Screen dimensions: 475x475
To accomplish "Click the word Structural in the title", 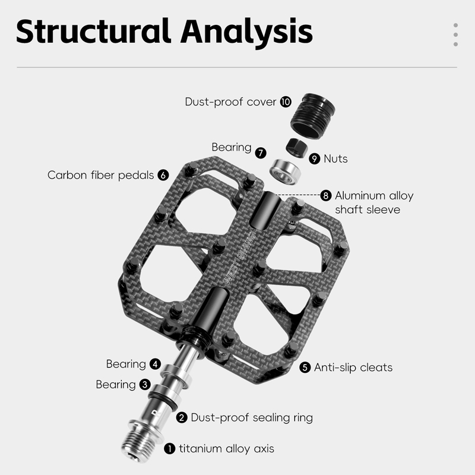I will click(x=89, y=31).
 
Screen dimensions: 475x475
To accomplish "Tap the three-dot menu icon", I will click(x=455, y=34).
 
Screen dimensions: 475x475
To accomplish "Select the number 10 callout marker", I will click(x=286, y=102).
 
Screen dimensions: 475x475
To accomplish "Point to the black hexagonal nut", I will click(x=296, y=146).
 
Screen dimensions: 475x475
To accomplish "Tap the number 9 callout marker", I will click(x=315, y=159).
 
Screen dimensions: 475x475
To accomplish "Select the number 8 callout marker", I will click(x=325, y=195).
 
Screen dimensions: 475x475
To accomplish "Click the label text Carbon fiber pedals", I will click(x=102, y=175).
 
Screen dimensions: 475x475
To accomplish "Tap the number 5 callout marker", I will click(x=305, y=368).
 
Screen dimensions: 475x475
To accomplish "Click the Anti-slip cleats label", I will click(x=353, y=368).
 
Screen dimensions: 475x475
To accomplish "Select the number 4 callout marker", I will click(x=155, y=364).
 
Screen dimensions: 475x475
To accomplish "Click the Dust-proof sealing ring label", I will click(x=252, y=417).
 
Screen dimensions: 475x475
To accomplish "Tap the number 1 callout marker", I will click(x=170, y=449).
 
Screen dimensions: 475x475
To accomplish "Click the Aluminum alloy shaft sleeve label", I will click(x=374, y=202).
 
